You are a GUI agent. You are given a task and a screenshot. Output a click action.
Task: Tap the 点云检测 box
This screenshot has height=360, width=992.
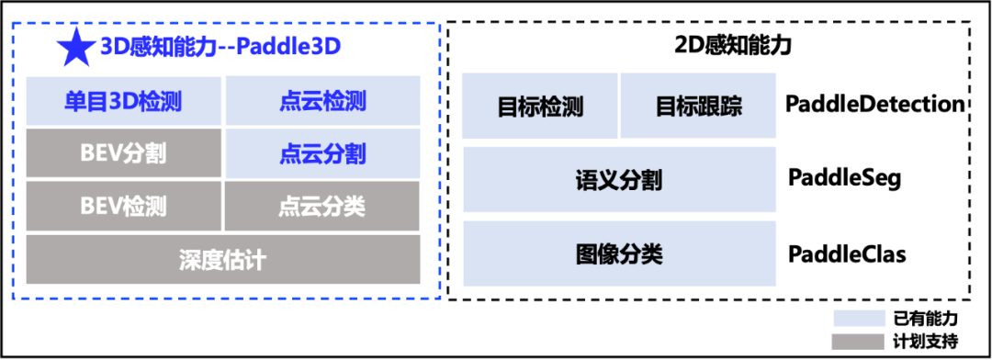point(322,101)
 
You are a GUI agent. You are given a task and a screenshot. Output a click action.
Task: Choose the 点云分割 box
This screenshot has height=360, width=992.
point(322,153)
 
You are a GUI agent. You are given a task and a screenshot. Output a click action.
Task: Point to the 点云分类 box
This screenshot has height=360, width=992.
point(322,206)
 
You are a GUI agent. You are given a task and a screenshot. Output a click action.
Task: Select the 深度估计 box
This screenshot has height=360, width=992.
point(222,260)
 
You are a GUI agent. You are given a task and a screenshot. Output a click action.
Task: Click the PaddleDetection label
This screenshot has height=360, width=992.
point(874,104)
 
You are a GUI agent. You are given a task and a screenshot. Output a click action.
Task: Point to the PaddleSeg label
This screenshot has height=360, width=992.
point(844,177)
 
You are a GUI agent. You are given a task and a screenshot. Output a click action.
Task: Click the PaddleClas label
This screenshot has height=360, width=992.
point(847,253)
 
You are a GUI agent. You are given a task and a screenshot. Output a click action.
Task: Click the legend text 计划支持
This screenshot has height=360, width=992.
point(926,342)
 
